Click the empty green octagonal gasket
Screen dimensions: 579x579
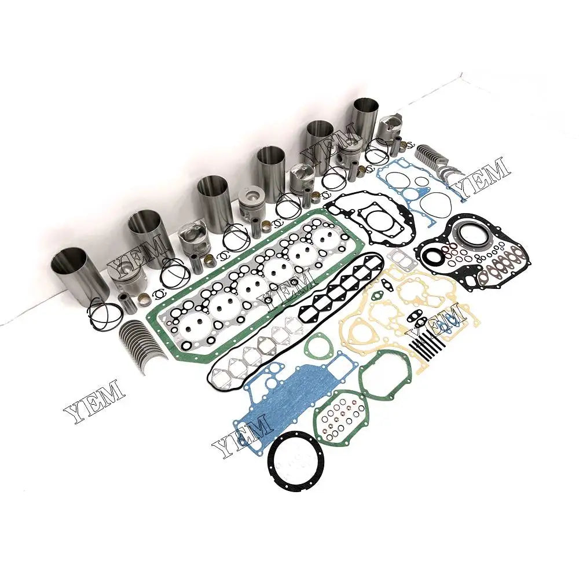coord(385,374)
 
